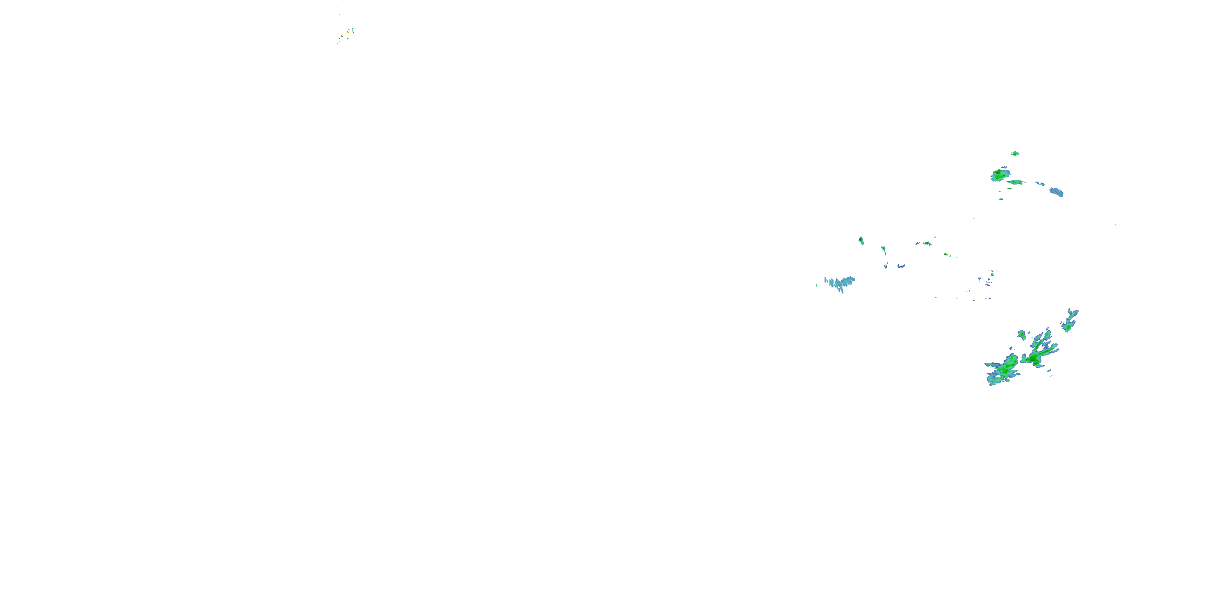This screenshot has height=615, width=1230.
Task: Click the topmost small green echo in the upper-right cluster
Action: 1015,153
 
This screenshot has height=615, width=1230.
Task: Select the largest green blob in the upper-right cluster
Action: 1000,175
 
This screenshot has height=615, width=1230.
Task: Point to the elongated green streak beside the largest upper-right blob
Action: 1016,182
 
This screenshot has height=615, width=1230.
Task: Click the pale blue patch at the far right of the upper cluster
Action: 1057,192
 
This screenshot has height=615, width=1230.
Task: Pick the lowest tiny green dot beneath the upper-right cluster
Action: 1001,198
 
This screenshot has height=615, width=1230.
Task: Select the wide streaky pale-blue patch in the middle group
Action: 840,282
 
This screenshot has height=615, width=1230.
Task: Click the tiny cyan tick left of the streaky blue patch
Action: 816,285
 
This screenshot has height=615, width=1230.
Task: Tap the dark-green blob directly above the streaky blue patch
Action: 861,240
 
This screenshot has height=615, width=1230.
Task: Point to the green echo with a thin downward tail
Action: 884,249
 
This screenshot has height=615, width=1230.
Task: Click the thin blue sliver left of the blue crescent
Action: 886,265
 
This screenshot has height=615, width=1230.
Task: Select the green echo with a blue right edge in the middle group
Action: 925,244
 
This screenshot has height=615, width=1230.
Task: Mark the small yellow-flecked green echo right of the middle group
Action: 945,254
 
